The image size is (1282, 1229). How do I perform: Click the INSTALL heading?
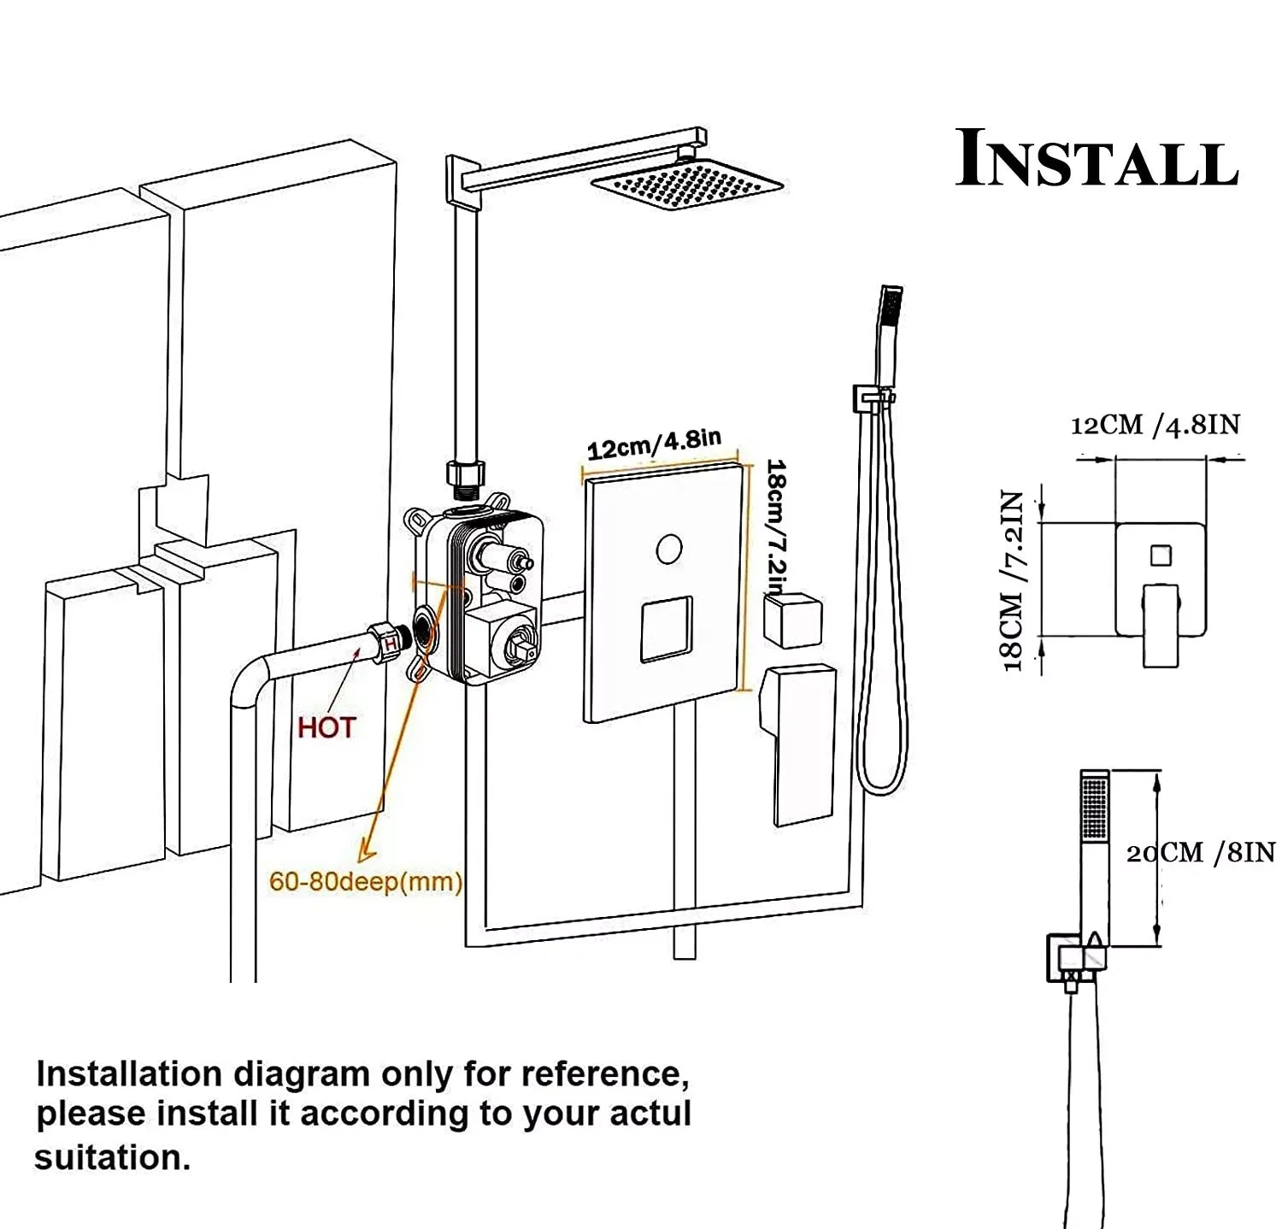coord(1097,160)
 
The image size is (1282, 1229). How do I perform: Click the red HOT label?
coord(326,728)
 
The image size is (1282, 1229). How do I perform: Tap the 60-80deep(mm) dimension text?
coord(366,881)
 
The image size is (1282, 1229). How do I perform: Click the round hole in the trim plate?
coord(669,548)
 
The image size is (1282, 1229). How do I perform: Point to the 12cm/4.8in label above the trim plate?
coord(654,444)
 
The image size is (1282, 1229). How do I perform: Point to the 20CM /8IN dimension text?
coord(1200,852)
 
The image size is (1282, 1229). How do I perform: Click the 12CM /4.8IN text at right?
coord(1155,425)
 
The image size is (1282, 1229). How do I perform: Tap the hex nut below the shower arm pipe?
coord(465,473)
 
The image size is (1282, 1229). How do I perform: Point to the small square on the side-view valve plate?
coord(1160,555)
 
